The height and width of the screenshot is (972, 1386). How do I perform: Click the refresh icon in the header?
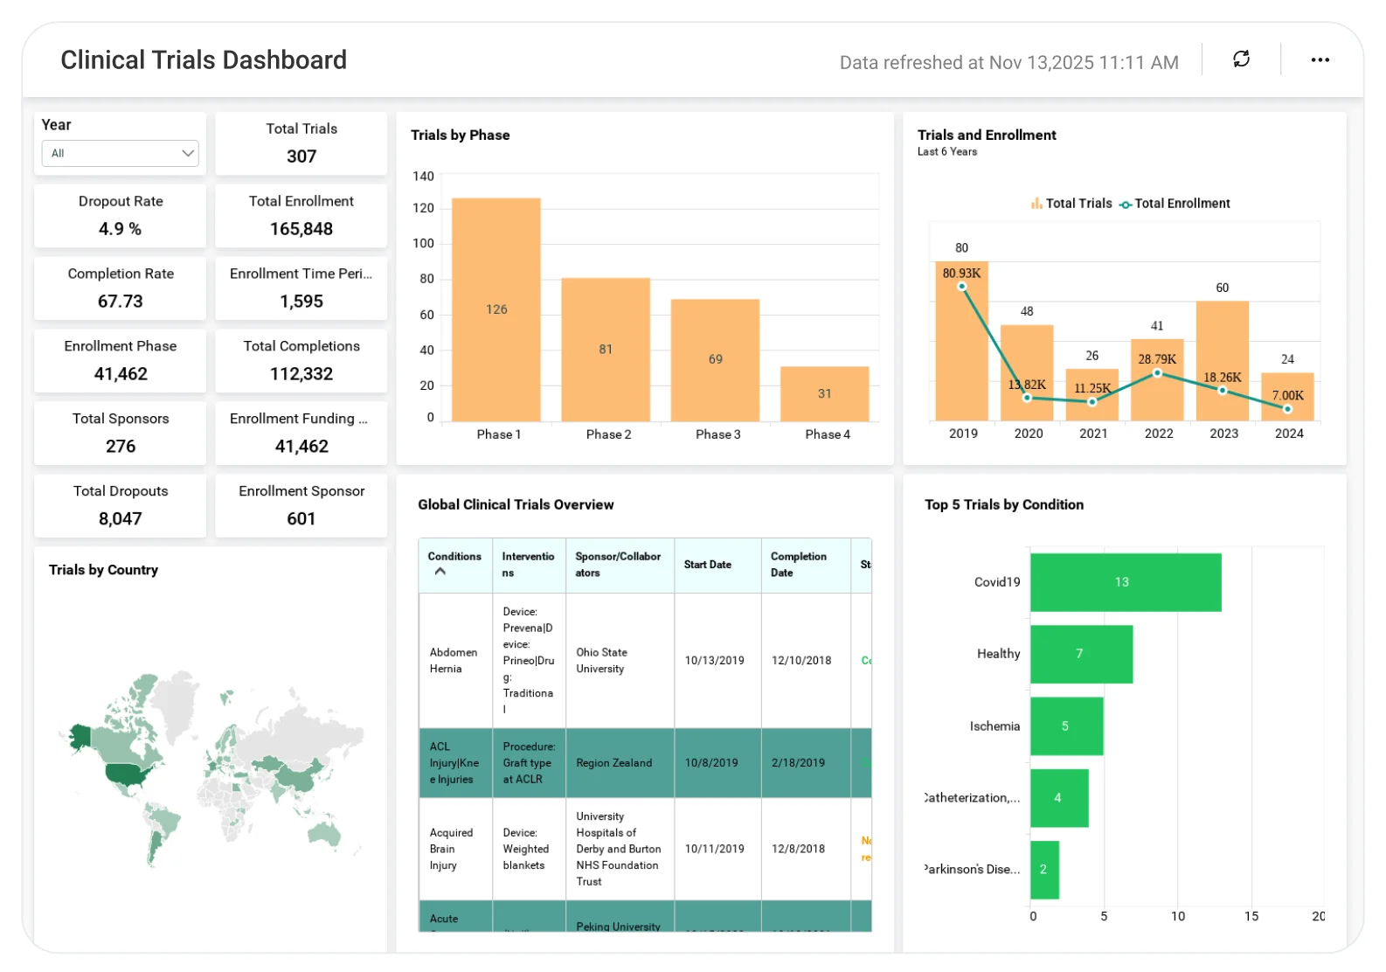(x=1241, y=59)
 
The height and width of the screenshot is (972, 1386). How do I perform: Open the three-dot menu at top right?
(x=1320, y=59)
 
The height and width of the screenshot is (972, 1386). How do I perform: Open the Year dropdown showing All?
(x=120, y=153)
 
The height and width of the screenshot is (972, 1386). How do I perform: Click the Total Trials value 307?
(x=301, y=156)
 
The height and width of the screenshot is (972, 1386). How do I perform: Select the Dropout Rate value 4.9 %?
(x=120, y=229)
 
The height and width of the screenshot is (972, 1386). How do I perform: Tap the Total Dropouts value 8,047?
(x=120, y=518)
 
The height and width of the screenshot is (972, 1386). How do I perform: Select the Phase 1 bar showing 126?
(x=495, y=310)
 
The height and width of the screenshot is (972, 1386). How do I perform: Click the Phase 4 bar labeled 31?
(x=824, y=393)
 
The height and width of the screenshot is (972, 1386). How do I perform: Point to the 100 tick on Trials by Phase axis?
(x=423, y=243)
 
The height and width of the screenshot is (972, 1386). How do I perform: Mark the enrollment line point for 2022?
(x=1157, y=373)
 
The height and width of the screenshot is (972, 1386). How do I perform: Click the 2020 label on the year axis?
(x=1028, y=434)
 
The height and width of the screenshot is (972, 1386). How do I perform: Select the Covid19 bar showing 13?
(x=1125, y=582)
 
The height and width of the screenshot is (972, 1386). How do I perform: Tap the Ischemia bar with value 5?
(x=1066, y=726)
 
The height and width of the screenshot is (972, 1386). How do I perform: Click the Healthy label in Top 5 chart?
(x=998, y=654)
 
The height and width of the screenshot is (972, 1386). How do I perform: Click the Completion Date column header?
(x=799, y=565)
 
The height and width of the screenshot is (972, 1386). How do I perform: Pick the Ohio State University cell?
(x=601, y=661)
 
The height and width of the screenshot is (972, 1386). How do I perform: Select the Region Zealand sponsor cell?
(x=613, y=763)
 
